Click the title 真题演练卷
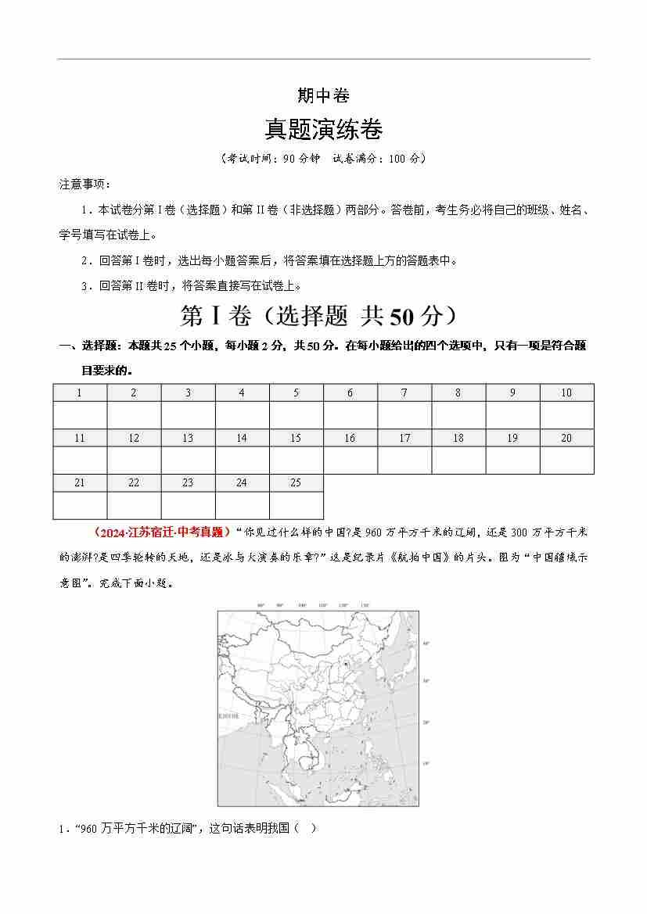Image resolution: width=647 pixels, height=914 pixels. coord(323,127)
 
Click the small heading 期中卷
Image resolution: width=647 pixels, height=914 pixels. coord(323,96)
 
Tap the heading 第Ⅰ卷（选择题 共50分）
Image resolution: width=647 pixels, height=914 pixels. coord(323,316)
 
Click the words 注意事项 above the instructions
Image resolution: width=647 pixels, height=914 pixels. coord(84,185)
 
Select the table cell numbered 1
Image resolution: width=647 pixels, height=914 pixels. coord(80,392)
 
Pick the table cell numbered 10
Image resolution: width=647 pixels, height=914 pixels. coord(566,392)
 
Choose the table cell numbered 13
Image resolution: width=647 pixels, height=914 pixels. coord(188,438)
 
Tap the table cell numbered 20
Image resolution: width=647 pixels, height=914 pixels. coord(566,438)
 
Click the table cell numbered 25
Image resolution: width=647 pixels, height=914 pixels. coord(296,482)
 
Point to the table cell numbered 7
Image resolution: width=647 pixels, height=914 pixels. coord(404,392)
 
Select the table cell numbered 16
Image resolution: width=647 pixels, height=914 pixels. coord(350,438)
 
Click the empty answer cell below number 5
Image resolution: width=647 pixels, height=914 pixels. coord(296,414)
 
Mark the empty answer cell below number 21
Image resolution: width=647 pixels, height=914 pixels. coord(80,505)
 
